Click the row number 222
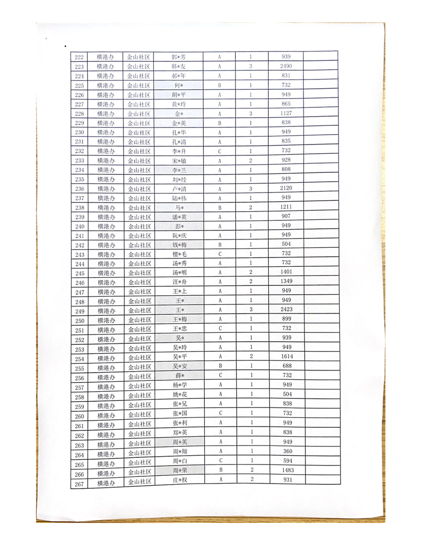[79, 57]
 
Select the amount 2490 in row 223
[286, 66]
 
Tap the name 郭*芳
[179, 57]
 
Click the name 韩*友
[179, 67]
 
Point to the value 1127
[286, 113]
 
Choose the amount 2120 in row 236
[286, 188]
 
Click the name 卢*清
[179, 189]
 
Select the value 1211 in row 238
[286, 207]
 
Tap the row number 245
[79, 273]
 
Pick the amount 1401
[286, 272]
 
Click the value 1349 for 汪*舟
[286, 281]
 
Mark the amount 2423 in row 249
[286, 310]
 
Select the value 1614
[286, 357]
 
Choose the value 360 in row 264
[286, 451]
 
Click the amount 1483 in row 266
[286, 470]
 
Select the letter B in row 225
[219, 85]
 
